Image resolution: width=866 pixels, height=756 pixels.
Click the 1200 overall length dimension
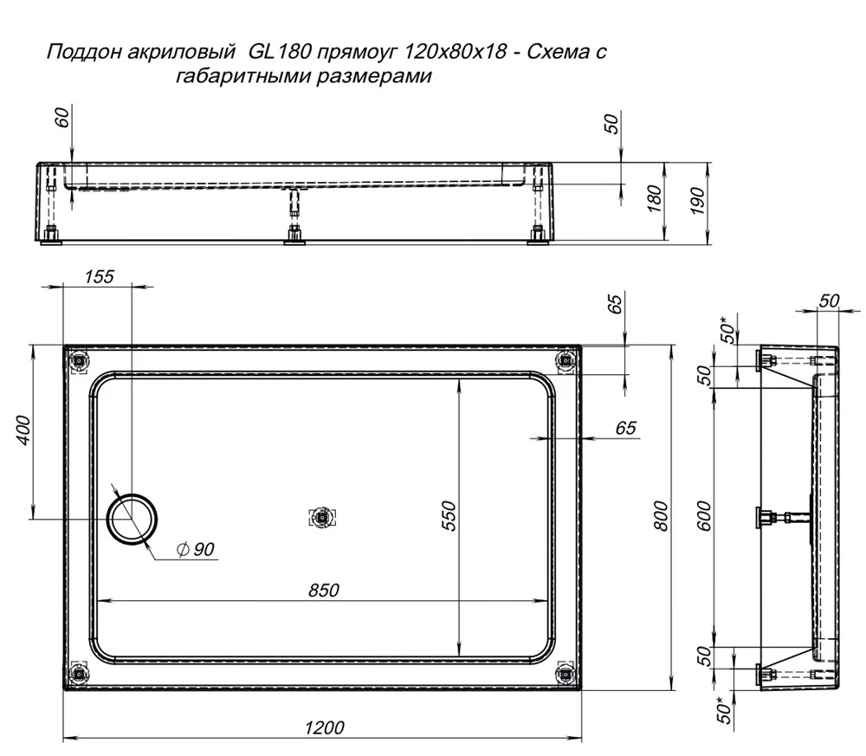pyautogui.click(x=324, y=727)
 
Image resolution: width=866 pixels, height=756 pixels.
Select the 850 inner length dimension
pyautogui.click(x=324, y=591)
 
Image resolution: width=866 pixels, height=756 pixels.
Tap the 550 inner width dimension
pyautogui.click(x=449, y=515)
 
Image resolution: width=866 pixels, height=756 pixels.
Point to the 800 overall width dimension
pyautogui.click(x=660, y=516)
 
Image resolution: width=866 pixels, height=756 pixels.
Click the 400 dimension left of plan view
pyautogui.click(x=24, y=430)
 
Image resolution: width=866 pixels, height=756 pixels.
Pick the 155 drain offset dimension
pyautogui.click(x=99, y=276)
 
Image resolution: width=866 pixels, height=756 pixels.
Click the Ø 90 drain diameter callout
pyautogui.click(x=196, y=549)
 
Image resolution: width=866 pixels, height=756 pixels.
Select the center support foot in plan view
pyautogui.click(x=322, y=518)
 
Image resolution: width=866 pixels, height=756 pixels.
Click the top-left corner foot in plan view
pyautogui.click(x=80, y=361)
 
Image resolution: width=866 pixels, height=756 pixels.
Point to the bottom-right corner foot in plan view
pyautogui.click(x=565, y=673)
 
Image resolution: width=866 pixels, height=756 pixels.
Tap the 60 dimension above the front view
pyautogui.click(x=63, y=118)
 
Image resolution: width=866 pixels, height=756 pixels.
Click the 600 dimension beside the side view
pyautogui.click(x=704, y=515)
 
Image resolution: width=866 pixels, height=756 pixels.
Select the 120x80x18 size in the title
pyautogui.click(x=456, y=51)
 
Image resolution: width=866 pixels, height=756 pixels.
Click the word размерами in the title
pyautogui.click(x=374, y=75)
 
